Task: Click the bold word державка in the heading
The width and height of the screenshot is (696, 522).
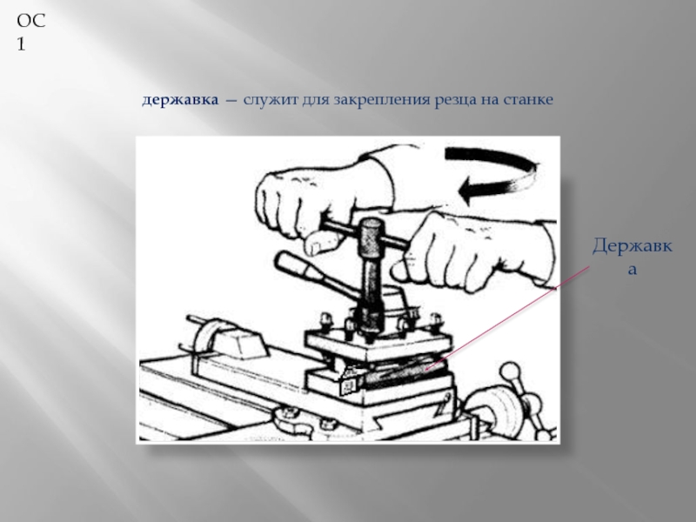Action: (x=180, y=100)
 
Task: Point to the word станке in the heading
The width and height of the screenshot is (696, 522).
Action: (x=528, y=100)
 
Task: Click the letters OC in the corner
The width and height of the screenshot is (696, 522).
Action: (x=31, y=21)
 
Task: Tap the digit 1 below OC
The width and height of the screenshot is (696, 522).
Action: (x=21, y=44)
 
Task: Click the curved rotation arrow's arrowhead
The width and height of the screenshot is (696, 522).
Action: (x=470, y=190)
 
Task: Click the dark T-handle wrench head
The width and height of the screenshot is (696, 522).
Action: (x=370, y=237)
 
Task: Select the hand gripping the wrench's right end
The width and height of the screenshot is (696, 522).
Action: (x=477, y=253)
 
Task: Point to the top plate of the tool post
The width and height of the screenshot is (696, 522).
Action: (x=378, y=343)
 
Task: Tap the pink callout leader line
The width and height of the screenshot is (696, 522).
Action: (x=507, y=318)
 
